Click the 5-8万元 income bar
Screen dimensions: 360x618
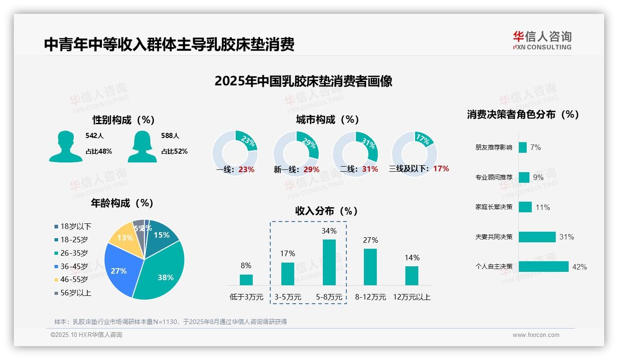pos(329,262)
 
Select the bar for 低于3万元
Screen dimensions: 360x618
pos(246,280)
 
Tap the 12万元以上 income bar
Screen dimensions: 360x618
pos(412,276)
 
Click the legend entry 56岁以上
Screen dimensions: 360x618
pos(73,293)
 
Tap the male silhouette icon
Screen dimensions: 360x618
pos(65,147)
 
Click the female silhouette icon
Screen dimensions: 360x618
pos(142,147)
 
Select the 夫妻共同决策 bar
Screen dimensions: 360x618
pos(537,237)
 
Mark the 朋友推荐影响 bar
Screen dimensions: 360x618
pos(523,147)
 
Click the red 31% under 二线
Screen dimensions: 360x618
pos(370,169)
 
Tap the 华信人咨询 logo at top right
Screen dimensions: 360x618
pos(542,40)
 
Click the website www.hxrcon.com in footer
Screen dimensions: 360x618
pos(536,335)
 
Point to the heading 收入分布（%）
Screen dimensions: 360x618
pos(327,211)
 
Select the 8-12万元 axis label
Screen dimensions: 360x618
pos(370,297)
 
